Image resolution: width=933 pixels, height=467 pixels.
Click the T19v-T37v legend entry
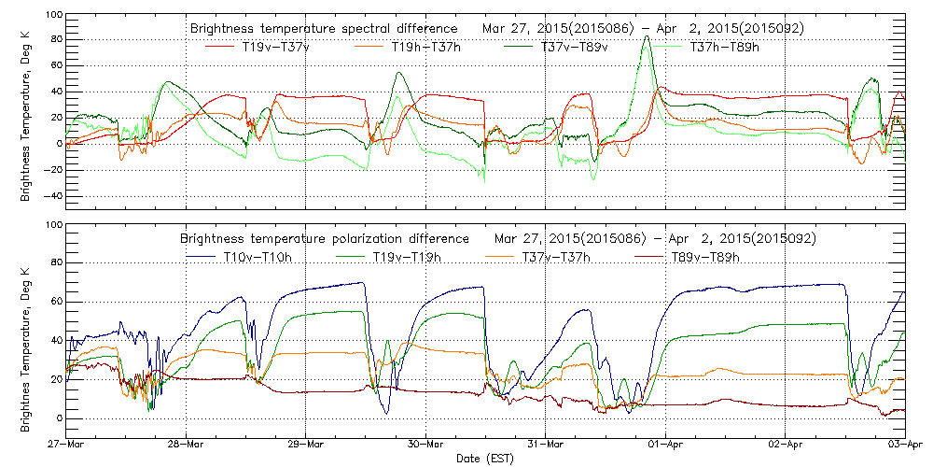pyautogui.click(x=275, y=47)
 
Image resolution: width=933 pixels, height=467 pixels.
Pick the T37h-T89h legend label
pyautogui.click(x=723, y=47)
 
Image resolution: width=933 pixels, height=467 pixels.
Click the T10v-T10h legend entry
pyautogui.click(x=257, y=257)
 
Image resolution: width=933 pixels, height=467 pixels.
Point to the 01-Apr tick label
pyautogui.click(x=666, y=445)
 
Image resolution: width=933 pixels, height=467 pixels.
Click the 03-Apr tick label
pyautogui.click(x=906, y=445)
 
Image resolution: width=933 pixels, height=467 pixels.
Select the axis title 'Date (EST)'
pyautogui.click(x=485, y=459)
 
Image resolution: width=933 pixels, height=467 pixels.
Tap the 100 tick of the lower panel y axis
pyautogui.click(x=52, y=226)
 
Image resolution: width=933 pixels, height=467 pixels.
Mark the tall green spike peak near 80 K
pyautogui.click(x=647, y=37)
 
